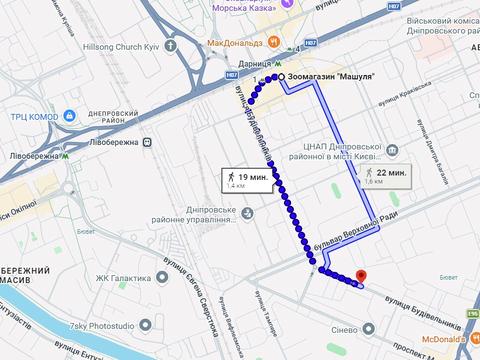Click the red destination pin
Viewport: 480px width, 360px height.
pos(361,275)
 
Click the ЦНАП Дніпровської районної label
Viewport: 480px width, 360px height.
pos(364,151)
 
